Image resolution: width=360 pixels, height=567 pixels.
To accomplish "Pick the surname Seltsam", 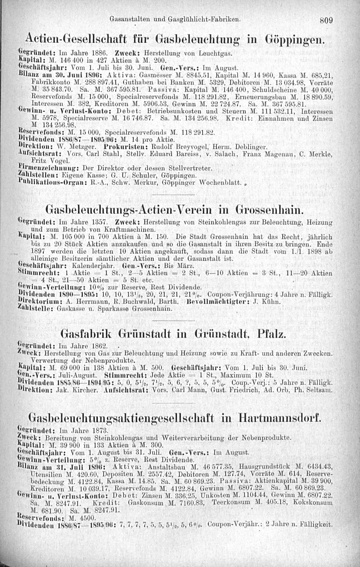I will coord(319,390).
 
